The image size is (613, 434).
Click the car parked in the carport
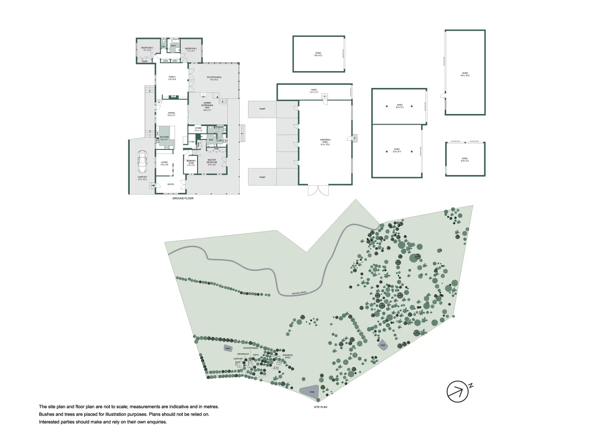(142, 162)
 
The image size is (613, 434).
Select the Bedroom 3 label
(147, 49)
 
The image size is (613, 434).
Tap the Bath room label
(173, 46)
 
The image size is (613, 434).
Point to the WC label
(163, 47)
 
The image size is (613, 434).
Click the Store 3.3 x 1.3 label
(198, 129)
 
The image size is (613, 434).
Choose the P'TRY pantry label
(192, 142)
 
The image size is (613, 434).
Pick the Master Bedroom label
(212, 162)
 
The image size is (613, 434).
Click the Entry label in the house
(171, 184)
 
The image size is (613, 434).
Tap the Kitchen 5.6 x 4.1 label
(164, 138)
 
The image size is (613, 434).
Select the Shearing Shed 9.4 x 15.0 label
(325, 142)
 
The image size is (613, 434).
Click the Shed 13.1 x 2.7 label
(314, 91)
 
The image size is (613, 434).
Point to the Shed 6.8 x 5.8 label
(464, 160)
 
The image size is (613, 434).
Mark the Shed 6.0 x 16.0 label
(465, 74)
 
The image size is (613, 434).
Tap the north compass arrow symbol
(458, 391)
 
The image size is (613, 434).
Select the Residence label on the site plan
(243, 354)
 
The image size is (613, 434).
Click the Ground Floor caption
(183, 199)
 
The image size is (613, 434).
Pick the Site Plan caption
(320, 407)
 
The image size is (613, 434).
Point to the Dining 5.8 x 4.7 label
(171, 114)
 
